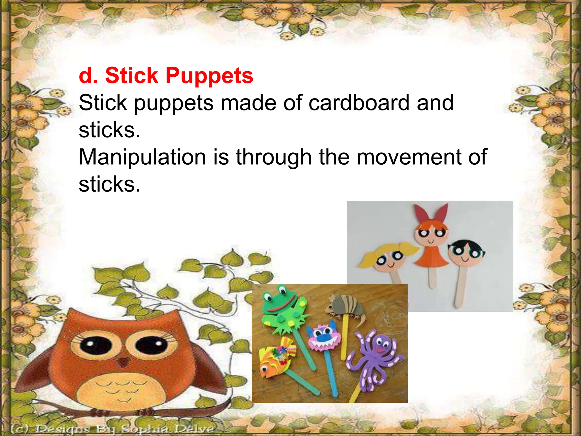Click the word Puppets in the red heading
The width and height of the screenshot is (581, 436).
pyautogui.click(x=209, y=76)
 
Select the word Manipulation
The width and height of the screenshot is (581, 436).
pyautogui.click(x=142, y=157)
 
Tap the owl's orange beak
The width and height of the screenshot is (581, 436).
pyautogui.click(x=123, y=361)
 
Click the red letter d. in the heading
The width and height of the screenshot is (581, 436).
pyautogui.click(x=88, y=76)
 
